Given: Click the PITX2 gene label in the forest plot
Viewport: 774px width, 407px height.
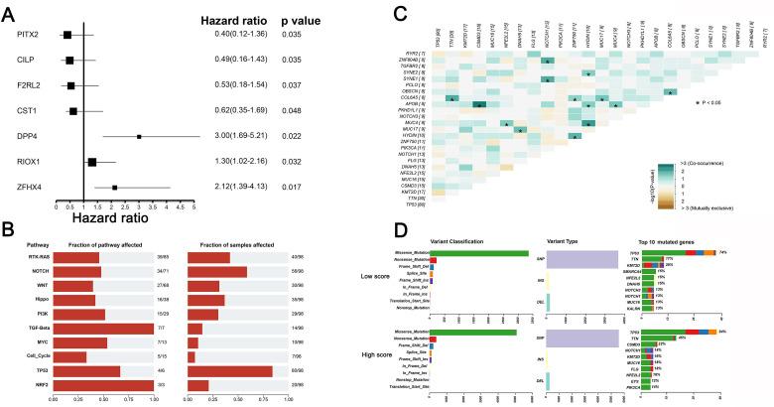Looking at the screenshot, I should pos(27,36).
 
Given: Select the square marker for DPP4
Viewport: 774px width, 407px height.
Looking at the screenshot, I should pos(139,137).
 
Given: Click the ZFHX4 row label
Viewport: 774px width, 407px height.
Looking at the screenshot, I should pos(27,187).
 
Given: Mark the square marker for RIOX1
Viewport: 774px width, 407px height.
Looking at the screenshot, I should pos(92,162).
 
